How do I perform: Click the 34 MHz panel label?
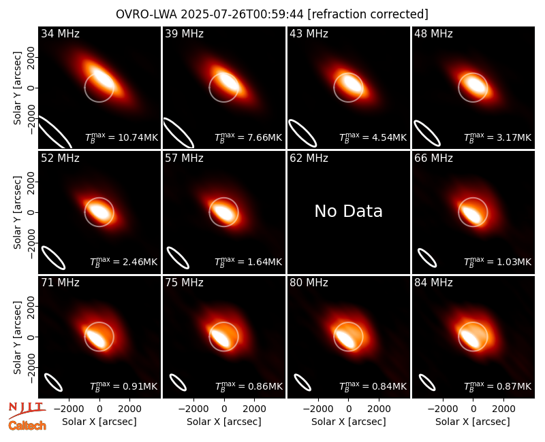pyautogui.click(x=60, y=33)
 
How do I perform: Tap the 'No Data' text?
pyautogui.click(x=348, y=211)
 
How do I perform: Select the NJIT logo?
pyautogui.click(x=27, y=410)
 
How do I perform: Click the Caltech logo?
pyautogui.click(x=27, y=426)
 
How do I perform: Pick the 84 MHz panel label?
pyautogui.click(x=433, y=283)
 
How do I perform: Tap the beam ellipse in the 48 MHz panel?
pyautogui.click(x=427, y=133)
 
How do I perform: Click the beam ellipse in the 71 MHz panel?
pyautogui.click(x=53, y=382)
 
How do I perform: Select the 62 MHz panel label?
pyautogui.click(x=309, y=158)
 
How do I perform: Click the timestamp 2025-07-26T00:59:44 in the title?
pyautogui.click(x=242, y=14)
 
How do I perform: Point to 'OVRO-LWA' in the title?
pyautogui.click(x=146, y=14)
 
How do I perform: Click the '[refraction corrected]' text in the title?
pyautogui.click(x=368, y=14)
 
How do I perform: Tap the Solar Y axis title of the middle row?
pyautogui.click(x=17, y=212)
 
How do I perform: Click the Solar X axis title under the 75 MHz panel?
pyautogui.click(x=224, y=422)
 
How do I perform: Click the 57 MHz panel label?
pyautogui.click(x=184, y=158)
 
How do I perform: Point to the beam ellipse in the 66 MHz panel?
pyautogui.click(x=427, y=258)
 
